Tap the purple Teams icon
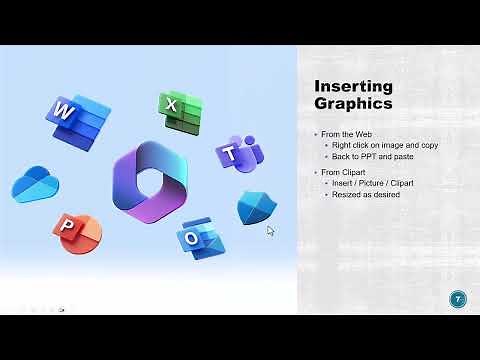pyautogui.click(x=239, y=155)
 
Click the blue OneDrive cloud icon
pyautogui.click(x=36, y=184)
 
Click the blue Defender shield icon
pyautogui.click(x=256, y=207)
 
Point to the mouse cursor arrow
pyautogui.click(x=270, y=231)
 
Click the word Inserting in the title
pyautogui.click(x=350, y=85)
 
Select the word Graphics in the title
pyautogui.click(x=350, y=103)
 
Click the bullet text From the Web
pyautogui.click(x=350, y=134)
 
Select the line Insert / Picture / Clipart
pyautogui.click(x=370, y=184)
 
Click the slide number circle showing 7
pyautogui.click(x=458, y=298)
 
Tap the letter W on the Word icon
pyautogui.click(x=64, y=110)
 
